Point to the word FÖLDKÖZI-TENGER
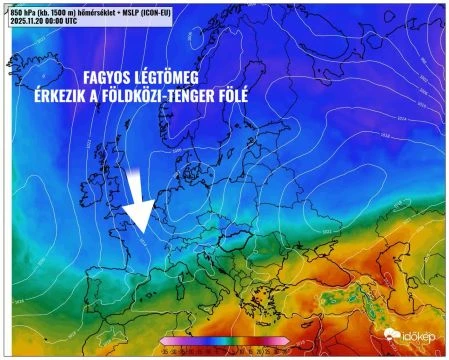tap(181, 96)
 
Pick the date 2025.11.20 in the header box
tap(27, 19)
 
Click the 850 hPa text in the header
tap(22, 10)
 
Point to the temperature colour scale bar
tap(224, 340)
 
